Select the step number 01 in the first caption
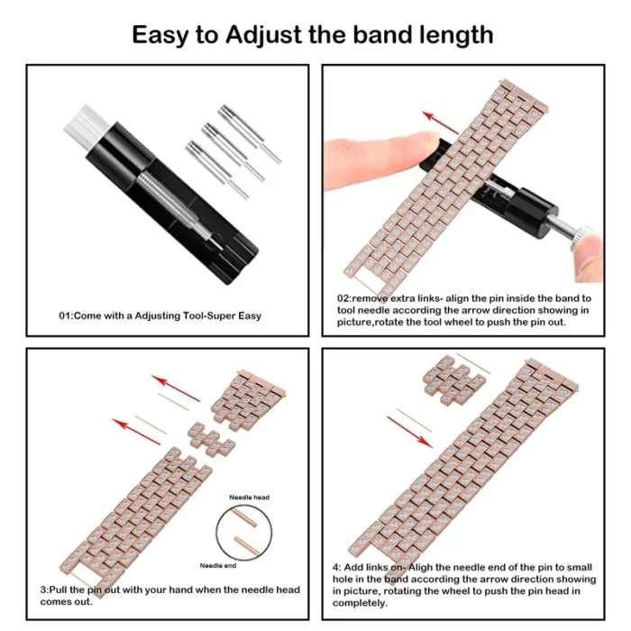(x=65, y=315)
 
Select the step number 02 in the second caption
(x=344, y=297)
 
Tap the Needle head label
(x=249, y=497)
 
